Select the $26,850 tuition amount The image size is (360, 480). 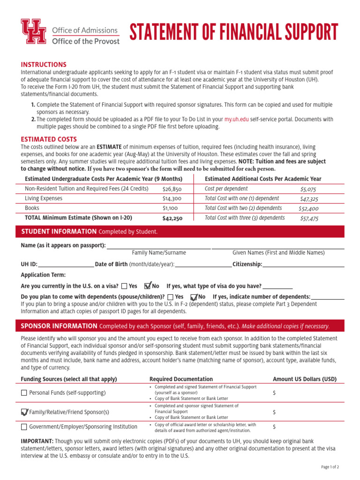click(x=172, y=189)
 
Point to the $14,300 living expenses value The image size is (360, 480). click(x=172, y=199)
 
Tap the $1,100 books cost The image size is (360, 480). click(x=170, y=208)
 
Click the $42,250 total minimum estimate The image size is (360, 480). click(x=172, y=218)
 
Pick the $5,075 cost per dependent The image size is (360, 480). click(x=308, y=189)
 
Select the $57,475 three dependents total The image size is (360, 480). click(x=309, y=218)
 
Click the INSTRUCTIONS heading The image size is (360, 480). click(x=44, y=64)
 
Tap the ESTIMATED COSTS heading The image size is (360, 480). click(x=49, y=139)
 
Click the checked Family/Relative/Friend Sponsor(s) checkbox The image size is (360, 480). click(x=24, y=412)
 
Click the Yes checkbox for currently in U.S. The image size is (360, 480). click(x=124, y=286)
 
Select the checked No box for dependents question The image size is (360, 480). click(x=194, y=297)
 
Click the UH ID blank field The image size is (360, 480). click(x=66, y=264)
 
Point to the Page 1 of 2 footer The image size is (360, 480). click(x=330, y=467)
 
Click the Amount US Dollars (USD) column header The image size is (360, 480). click(x=304, y=379)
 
